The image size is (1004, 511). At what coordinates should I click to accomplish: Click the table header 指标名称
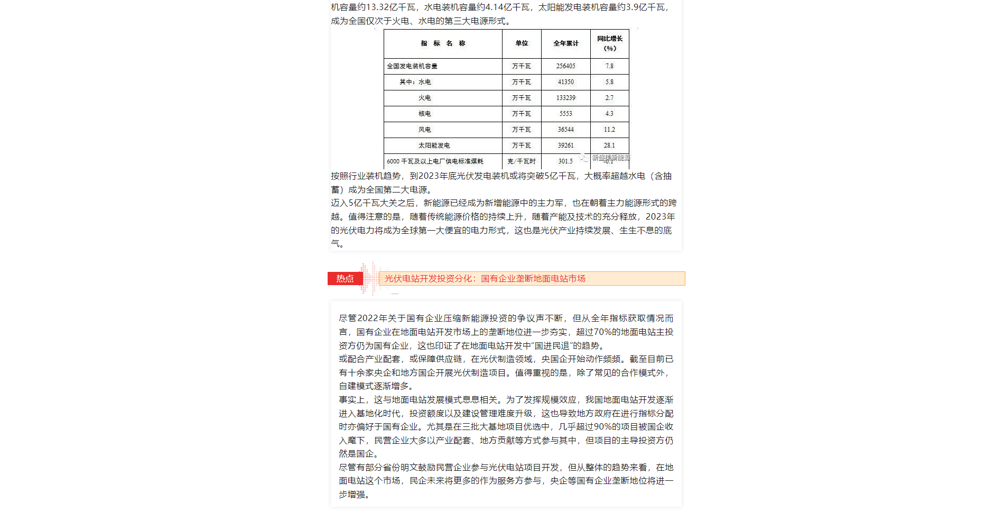pos(443,43)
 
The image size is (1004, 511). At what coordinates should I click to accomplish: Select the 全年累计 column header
pos(566,43)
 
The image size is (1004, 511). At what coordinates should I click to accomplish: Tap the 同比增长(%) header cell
pos(610,43)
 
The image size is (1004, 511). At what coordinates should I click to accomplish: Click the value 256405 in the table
pos(565,66)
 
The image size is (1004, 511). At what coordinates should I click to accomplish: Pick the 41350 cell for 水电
pos(565,82)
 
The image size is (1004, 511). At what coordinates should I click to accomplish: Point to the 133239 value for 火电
pos(565,98)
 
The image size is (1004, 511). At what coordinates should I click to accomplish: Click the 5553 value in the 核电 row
pos(565,114)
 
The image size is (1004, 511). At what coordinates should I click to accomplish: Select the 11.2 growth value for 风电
pos(609,130)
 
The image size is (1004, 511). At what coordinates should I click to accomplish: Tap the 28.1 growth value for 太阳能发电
pos(609,145)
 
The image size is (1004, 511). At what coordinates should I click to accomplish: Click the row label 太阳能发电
pos(434,145)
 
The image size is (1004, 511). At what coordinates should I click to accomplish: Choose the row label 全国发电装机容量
pos(412,66)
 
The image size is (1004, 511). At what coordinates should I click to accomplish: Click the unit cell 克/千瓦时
pos(522,161)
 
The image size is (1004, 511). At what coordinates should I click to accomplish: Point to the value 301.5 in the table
pos(565,161)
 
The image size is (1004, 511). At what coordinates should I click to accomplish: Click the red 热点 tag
pos(345,278)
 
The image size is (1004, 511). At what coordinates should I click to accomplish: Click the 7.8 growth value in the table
pos(609,66)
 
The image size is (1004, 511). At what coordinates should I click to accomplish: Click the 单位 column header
pos(522,43)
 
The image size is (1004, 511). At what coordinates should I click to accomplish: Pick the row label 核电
pos(424,114)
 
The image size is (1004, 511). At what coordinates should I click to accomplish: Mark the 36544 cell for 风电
pos(565,130)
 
